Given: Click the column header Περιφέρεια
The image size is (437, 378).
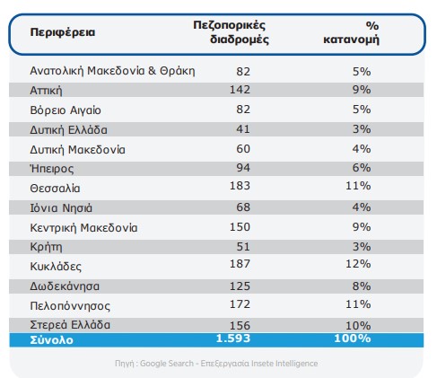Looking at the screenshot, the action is point(63,32).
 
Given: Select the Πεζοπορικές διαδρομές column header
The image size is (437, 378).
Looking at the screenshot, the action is point(231,32).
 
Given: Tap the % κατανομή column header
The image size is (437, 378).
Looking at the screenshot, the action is point(351,32).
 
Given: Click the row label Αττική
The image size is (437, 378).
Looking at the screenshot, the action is point(46,91).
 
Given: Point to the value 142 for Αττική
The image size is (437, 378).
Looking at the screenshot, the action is point(240,90).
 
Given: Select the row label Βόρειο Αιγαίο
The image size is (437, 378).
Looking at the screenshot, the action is point(66,110).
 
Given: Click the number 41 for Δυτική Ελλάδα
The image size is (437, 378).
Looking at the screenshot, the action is point(243,129).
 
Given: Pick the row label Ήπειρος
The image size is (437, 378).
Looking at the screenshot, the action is point(52,169).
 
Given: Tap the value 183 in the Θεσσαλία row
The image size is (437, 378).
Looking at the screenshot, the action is point(240,186).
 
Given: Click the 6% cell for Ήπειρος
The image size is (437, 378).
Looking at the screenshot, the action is point(362,168).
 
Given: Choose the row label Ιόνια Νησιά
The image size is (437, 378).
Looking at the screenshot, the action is point(61,208).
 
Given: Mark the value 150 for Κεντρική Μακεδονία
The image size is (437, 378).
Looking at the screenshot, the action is point(240,227).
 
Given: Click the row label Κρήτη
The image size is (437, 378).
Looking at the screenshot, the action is point(46,247).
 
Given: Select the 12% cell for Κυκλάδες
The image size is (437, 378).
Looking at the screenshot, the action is point(358,264).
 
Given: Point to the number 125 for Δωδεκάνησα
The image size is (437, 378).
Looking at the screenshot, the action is point(240,286).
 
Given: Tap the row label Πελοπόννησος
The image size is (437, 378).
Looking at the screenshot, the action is point(70,306).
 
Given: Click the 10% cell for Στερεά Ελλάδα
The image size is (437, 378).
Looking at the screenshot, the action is point(358,325).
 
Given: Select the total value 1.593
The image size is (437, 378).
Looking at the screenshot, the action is point(233,338).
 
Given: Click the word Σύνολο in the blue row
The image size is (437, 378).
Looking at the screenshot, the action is point(51,340).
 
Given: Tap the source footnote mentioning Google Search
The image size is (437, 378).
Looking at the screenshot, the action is point(216,364).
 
